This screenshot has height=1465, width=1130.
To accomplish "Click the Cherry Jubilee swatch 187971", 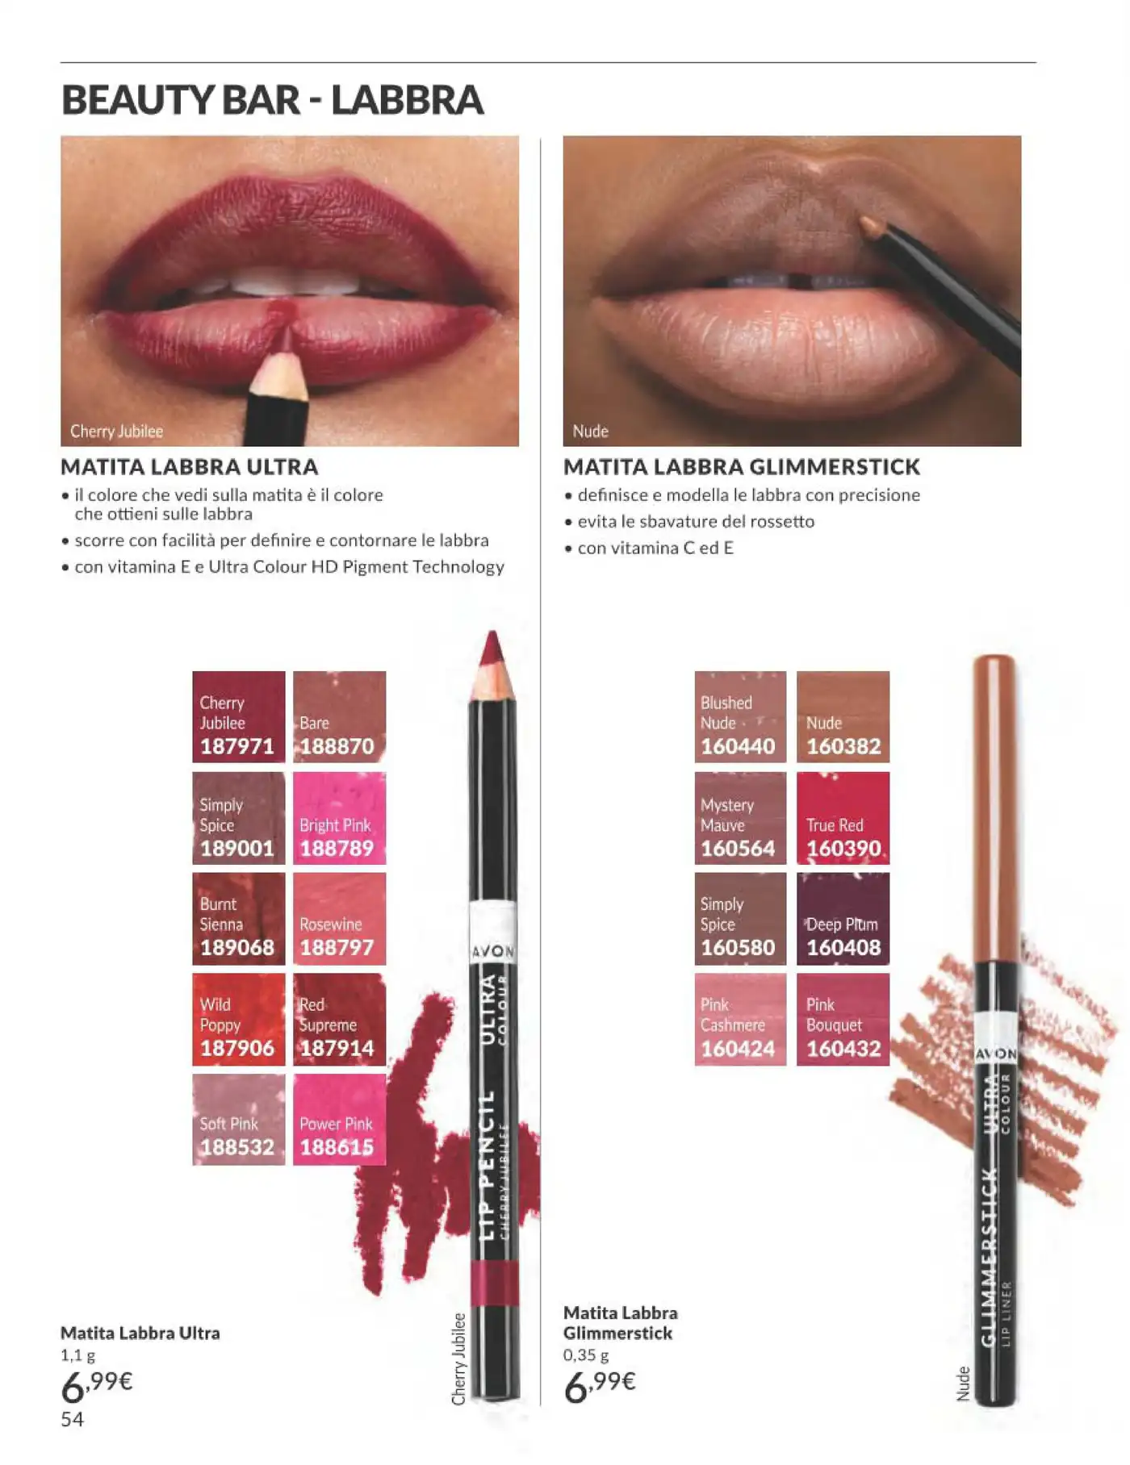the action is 239,716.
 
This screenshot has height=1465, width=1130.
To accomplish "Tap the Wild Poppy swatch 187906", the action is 239,1019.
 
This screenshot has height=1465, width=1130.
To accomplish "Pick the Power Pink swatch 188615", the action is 339,1119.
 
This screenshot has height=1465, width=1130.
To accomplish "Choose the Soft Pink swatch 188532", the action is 239,1119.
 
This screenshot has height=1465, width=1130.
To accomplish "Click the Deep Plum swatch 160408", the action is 843,919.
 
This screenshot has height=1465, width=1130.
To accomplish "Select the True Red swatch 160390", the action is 843,818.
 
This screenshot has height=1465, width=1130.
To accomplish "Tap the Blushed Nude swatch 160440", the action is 740,716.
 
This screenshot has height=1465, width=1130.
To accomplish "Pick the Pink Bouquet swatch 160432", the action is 843,1019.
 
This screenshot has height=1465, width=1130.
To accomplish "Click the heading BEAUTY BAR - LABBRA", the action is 272,100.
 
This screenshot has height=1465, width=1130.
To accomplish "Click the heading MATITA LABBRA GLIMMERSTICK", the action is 742,467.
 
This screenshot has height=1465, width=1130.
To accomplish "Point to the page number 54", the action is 72,1419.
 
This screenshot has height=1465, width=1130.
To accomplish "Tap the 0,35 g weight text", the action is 586,1355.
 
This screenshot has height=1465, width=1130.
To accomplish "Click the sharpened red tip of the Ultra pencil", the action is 492,648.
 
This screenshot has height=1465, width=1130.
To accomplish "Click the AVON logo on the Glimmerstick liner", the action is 996,1054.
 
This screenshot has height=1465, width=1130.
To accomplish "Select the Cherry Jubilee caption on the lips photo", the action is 116,432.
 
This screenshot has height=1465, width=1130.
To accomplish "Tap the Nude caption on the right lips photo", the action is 590,432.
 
